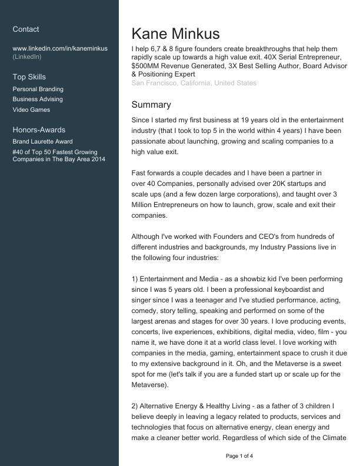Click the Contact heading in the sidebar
[x=26, y=29]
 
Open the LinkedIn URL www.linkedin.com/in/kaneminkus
[x=59, y=48]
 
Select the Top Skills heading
[x=29, y=77]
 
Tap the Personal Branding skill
[x=38, y=89]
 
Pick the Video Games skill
[x=31, y=110]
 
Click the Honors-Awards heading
[x=39, y=130]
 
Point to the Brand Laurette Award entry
[x=42, y=142]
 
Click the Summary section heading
[x=151, y=105]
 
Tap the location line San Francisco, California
[x=194, y=84]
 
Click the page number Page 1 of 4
[x=239, y=456]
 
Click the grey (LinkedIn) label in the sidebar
[x=26, y=57]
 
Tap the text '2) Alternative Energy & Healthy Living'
[x=194, y=406]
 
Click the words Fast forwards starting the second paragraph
[x=152, y=173]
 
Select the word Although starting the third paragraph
[x=149, y=237]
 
